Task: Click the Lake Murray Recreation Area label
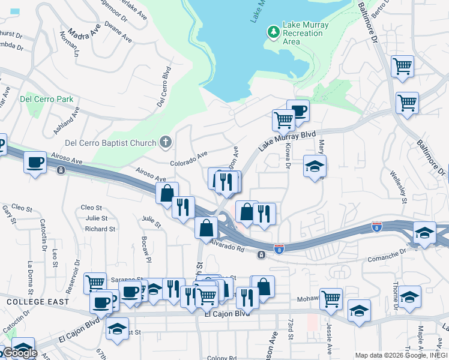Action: click(x=294, y=33)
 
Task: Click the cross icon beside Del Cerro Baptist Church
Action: click(x=166, y=142)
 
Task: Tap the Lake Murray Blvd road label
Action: click(x=286, y=142)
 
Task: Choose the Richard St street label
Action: click(x=100, y=229)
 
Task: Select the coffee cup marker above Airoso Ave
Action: click(x=35, y=162)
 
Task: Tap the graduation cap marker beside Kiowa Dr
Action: click(x=314, y=166)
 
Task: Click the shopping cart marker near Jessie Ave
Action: click(x=331, y=298)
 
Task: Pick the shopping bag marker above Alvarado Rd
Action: click(x=206, y=227)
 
